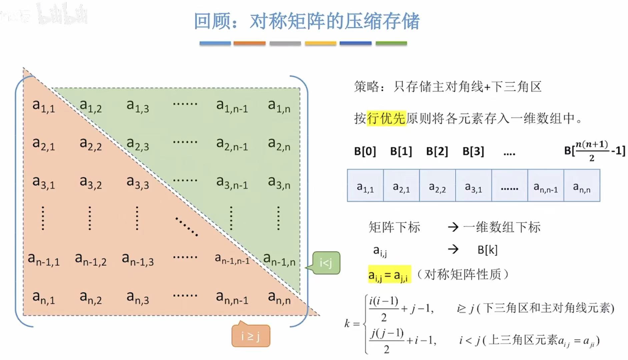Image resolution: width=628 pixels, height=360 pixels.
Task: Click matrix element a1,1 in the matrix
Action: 44,106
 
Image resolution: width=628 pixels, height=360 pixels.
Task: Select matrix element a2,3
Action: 138,144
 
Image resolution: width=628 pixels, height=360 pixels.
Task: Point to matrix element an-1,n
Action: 279,259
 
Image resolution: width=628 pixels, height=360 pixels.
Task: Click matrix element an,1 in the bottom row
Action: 44,297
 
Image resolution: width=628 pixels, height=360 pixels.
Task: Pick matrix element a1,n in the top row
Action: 279,106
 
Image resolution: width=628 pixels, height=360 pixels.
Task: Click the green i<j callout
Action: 326,263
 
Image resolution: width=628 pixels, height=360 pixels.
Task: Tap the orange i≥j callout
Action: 251,336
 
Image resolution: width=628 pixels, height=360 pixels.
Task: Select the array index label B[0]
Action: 365,151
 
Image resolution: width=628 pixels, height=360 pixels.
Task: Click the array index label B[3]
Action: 473,151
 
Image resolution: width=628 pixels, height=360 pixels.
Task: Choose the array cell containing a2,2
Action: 437,186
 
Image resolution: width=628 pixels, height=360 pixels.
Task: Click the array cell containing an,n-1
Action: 546,186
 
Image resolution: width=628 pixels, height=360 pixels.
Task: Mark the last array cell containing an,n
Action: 582,186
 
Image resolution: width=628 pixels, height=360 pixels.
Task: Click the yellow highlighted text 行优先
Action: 386,118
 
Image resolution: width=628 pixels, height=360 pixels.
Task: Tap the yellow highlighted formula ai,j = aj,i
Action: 389,275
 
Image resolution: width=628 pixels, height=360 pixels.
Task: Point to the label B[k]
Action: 487,250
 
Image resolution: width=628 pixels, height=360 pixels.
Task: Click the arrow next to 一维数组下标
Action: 453,227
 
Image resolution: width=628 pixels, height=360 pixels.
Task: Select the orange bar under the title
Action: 249,43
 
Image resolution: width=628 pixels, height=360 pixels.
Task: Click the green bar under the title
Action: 391,43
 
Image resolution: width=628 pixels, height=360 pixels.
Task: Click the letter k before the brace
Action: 347,323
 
